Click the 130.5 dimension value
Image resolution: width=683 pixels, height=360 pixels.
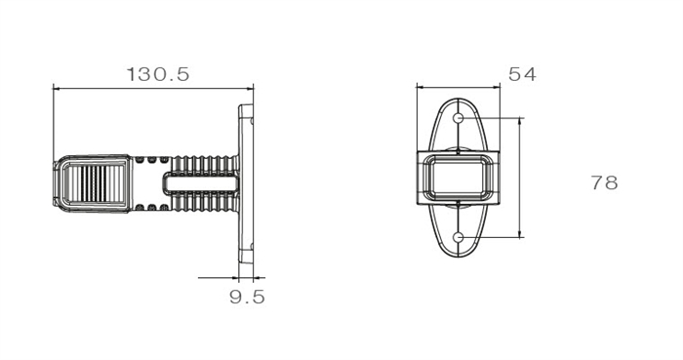pyautogui.click(x=158, y=74)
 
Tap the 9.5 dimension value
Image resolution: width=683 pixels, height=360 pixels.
pyautogui.click(x=247, y=297)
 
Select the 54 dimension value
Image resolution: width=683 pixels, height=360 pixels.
pyautogui.click(x=522, y=74)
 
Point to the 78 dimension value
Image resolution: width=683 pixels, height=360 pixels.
pyautogui.click(x=604, y=182)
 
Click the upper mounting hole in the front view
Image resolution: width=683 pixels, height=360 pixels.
pyautogui.click(x=459, y=117)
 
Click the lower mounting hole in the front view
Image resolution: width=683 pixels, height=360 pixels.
pyautogui.click(x=459, y=237)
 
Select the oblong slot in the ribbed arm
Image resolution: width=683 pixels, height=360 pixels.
pyautogui.click(x=201, y=182)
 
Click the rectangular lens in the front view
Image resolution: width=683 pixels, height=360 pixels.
pyautogui.click(x=458, y=178)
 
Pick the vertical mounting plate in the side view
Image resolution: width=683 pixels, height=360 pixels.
pyautogui.click(x=246, y=183)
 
